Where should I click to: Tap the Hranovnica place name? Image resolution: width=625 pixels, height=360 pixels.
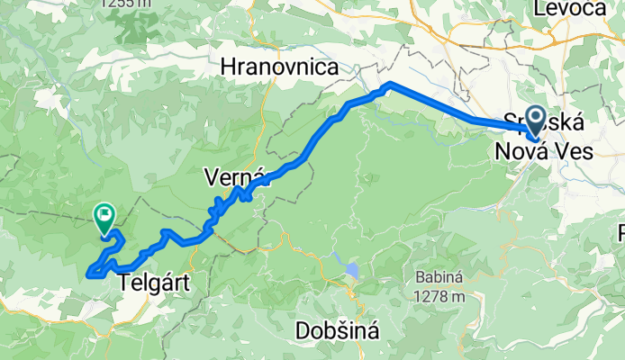[279, 67]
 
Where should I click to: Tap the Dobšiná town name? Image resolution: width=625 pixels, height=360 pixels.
[337, 330]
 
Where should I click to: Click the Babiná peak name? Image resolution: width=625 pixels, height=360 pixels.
[440, 277]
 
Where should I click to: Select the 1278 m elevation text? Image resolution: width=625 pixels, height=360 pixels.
[440, 296]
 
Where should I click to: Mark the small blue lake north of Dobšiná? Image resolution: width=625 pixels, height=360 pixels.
[350, 270]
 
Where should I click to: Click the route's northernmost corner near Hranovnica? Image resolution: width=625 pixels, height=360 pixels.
[388, 85]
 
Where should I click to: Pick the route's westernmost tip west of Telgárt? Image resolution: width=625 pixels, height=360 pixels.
[88, 273]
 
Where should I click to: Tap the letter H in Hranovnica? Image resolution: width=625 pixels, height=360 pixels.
[228, 67]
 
